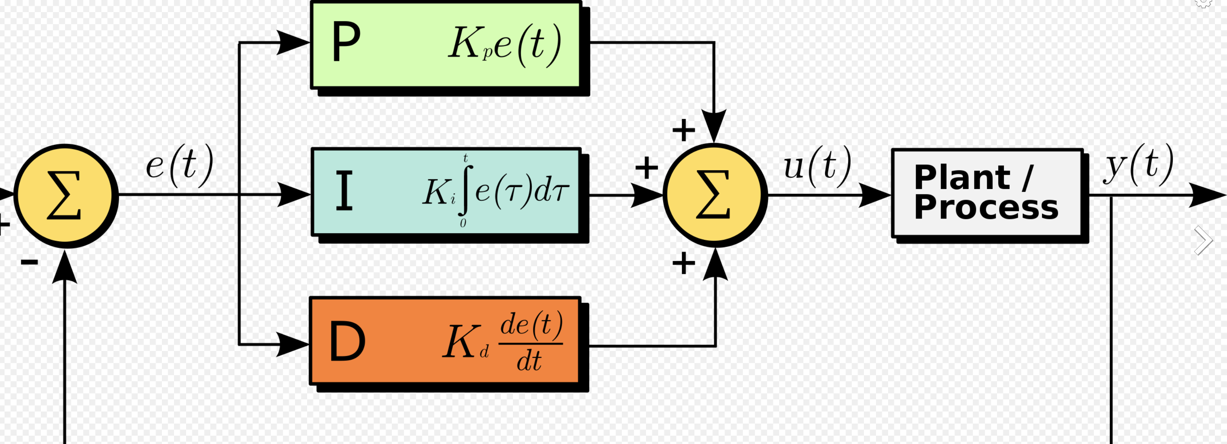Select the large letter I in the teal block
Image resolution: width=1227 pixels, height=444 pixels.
coord(344,191)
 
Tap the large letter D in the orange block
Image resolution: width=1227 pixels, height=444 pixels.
coord(347,341)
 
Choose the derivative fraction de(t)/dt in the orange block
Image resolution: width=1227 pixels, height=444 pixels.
coord(531,341)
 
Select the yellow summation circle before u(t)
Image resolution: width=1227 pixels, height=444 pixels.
coord(714,195)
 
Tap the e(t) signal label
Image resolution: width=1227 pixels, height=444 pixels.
coord(179,166)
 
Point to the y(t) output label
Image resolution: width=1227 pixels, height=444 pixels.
coord(1138,165)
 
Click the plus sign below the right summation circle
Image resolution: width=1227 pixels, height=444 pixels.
coord(683,263)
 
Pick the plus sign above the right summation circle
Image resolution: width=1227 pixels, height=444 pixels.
coord(683,130)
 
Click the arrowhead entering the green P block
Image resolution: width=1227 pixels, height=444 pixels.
coord(292,42)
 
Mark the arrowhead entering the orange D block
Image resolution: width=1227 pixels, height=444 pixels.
coord(292,344)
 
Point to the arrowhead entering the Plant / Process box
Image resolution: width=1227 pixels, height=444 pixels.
coord(874,195)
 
